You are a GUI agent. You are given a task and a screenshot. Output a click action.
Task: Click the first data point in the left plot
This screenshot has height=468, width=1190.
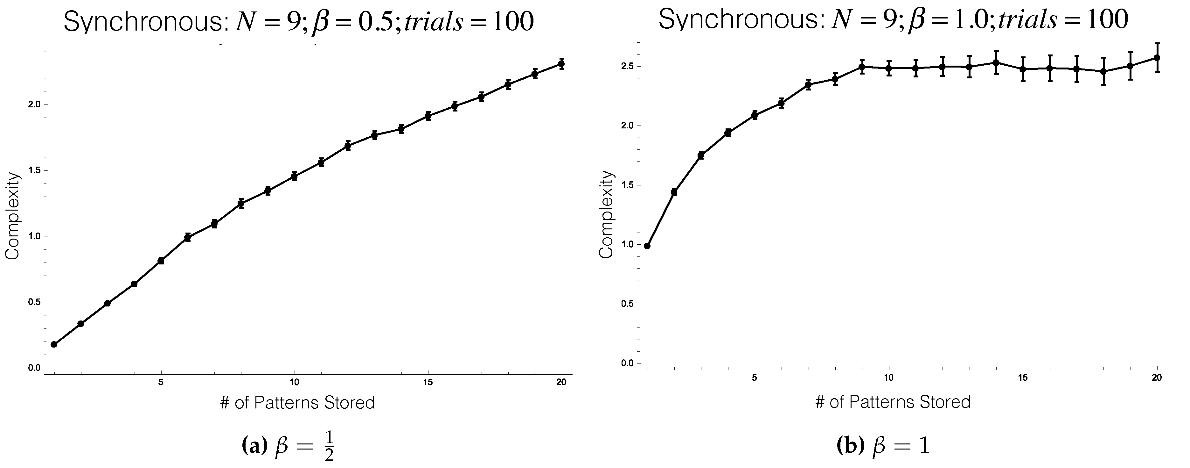point(54,344)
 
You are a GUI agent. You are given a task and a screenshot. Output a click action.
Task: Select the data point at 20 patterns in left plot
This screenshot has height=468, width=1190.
point(561,64)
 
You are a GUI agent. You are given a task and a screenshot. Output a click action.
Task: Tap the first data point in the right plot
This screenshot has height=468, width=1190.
point(647,246)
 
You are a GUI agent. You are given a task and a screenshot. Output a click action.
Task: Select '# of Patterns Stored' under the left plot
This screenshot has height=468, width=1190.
point(297,403)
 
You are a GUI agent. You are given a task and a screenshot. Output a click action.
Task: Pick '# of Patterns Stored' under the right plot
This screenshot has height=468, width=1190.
point(893,402)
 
